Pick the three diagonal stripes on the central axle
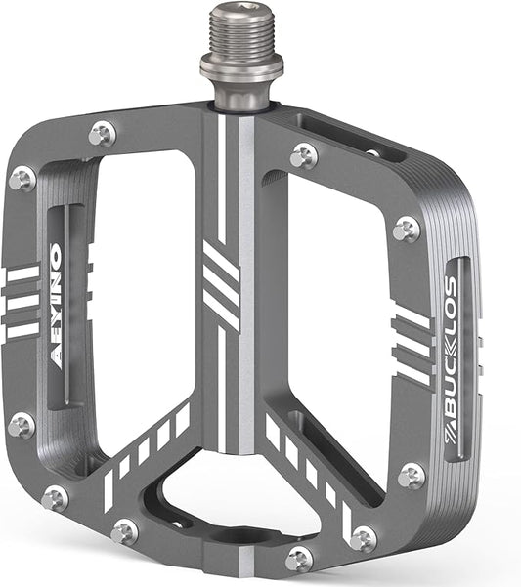tap(221, 276)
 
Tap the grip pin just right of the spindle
tap(304, 154)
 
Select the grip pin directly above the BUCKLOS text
tap(407, 229)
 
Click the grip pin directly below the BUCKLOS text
tap(412, 476)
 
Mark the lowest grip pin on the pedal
tap(300, 560)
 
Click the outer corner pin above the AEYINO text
tap(22, 179)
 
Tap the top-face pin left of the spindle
tap(102, 134)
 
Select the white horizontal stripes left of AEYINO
tap(22, 303)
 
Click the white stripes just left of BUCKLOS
tap(412, 346)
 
